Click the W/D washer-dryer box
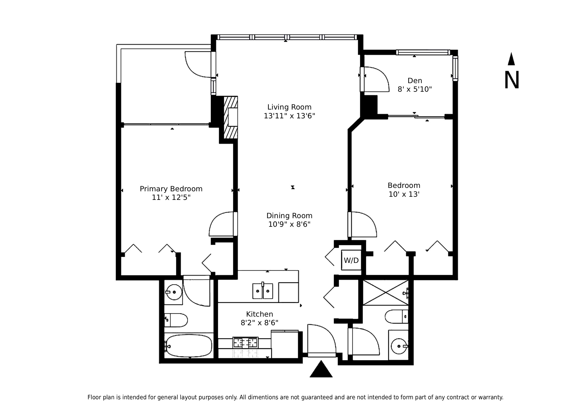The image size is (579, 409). (351, 260)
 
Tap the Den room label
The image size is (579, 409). (415, 81)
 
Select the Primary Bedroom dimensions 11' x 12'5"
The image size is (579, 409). (171, 197)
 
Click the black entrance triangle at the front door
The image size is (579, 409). (321, 369)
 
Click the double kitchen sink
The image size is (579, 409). (263, 291)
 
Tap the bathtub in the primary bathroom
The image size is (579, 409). (189, 346)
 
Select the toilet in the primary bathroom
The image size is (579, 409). (176, 320)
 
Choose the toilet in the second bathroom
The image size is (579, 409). (397, 317)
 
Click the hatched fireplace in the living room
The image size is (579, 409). (231, 117)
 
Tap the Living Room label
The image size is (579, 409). (289, 107)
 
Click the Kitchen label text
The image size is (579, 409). (259, 314)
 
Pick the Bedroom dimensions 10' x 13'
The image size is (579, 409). (404, 194)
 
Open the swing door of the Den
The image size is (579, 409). (375, 79)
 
